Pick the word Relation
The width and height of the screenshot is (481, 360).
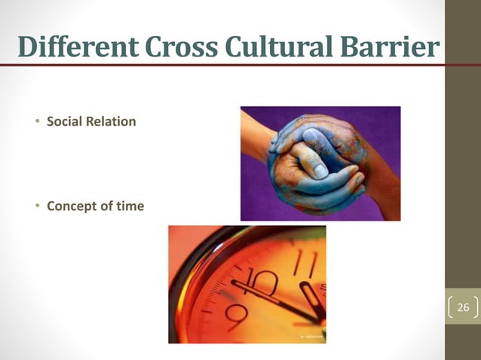pos(112,121)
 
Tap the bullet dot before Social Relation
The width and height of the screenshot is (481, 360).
pos(37,121)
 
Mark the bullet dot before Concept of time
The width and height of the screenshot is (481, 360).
pos(37,206)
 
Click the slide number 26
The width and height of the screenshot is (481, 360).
pos(463,307)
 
